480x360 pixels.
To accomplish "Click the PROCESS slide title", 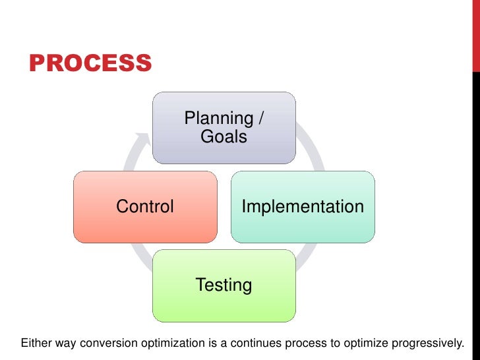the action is click(x=90, y=64).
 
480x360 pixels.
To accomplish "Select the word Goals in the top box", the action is click(x=224, y=137).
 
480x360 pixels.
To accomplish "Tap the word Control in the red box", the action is click(x=145, y=207).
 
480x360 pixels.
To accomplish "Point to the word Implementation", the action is click(x=303, y=207).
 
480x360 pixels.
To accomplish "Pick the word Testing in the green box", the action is click(x=224, y=285).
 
